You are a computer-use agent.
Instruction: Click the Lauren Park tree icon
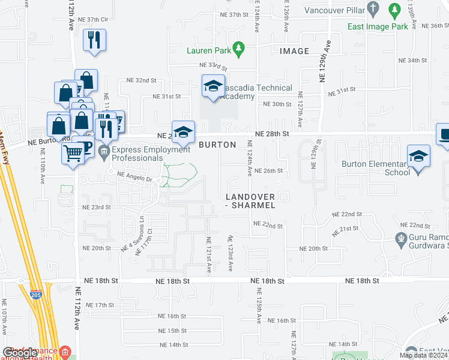coord(239,47)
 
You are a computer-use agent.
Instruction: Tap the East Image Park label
coord(378,26)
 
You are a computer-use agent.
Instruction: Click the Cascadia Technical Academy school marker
coord(212,88)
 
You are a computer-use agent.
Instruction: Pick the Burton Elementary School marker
coord(418,157)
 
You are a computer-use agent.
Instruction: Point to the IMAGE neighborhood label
coord(294,52)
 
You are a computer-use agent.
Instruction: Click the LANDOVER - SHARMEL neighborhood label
coord(250,201)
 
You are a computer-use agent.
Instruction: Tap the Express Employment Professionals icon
coord(104,150)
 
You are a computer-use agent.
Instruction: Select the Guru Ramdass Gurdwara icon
coord(402,239)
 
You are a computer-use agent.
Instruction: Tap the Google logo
coord(20,353)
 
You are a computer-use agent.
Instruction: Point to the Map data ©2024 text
coord(423,355)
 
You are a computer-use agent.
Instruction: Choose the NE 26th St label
coord(268,170)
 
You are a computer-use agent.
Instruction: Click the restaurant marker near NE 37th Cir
coord(94,41)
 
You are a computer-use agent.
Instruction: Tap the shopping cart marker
coord(73,154)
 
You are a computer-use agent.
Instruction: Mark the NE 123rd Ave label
coord(230,252)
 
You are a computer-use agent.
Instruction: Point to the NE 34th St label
coord(412,61)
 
